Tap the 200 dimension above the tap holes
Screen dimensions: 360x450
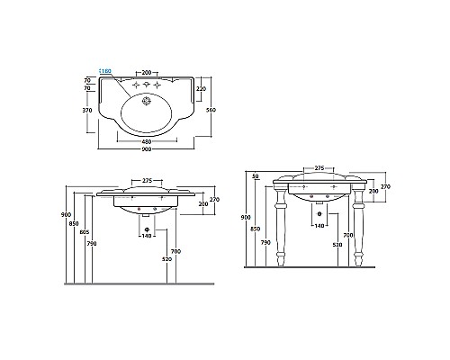click(145, 71)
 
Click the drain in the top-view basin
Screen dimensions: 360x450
click(145, 112)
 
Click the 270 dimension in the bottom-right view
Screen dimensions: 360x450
click(385, 186)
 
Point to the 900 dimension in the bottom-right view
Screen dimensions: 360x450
click(245, 217)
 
